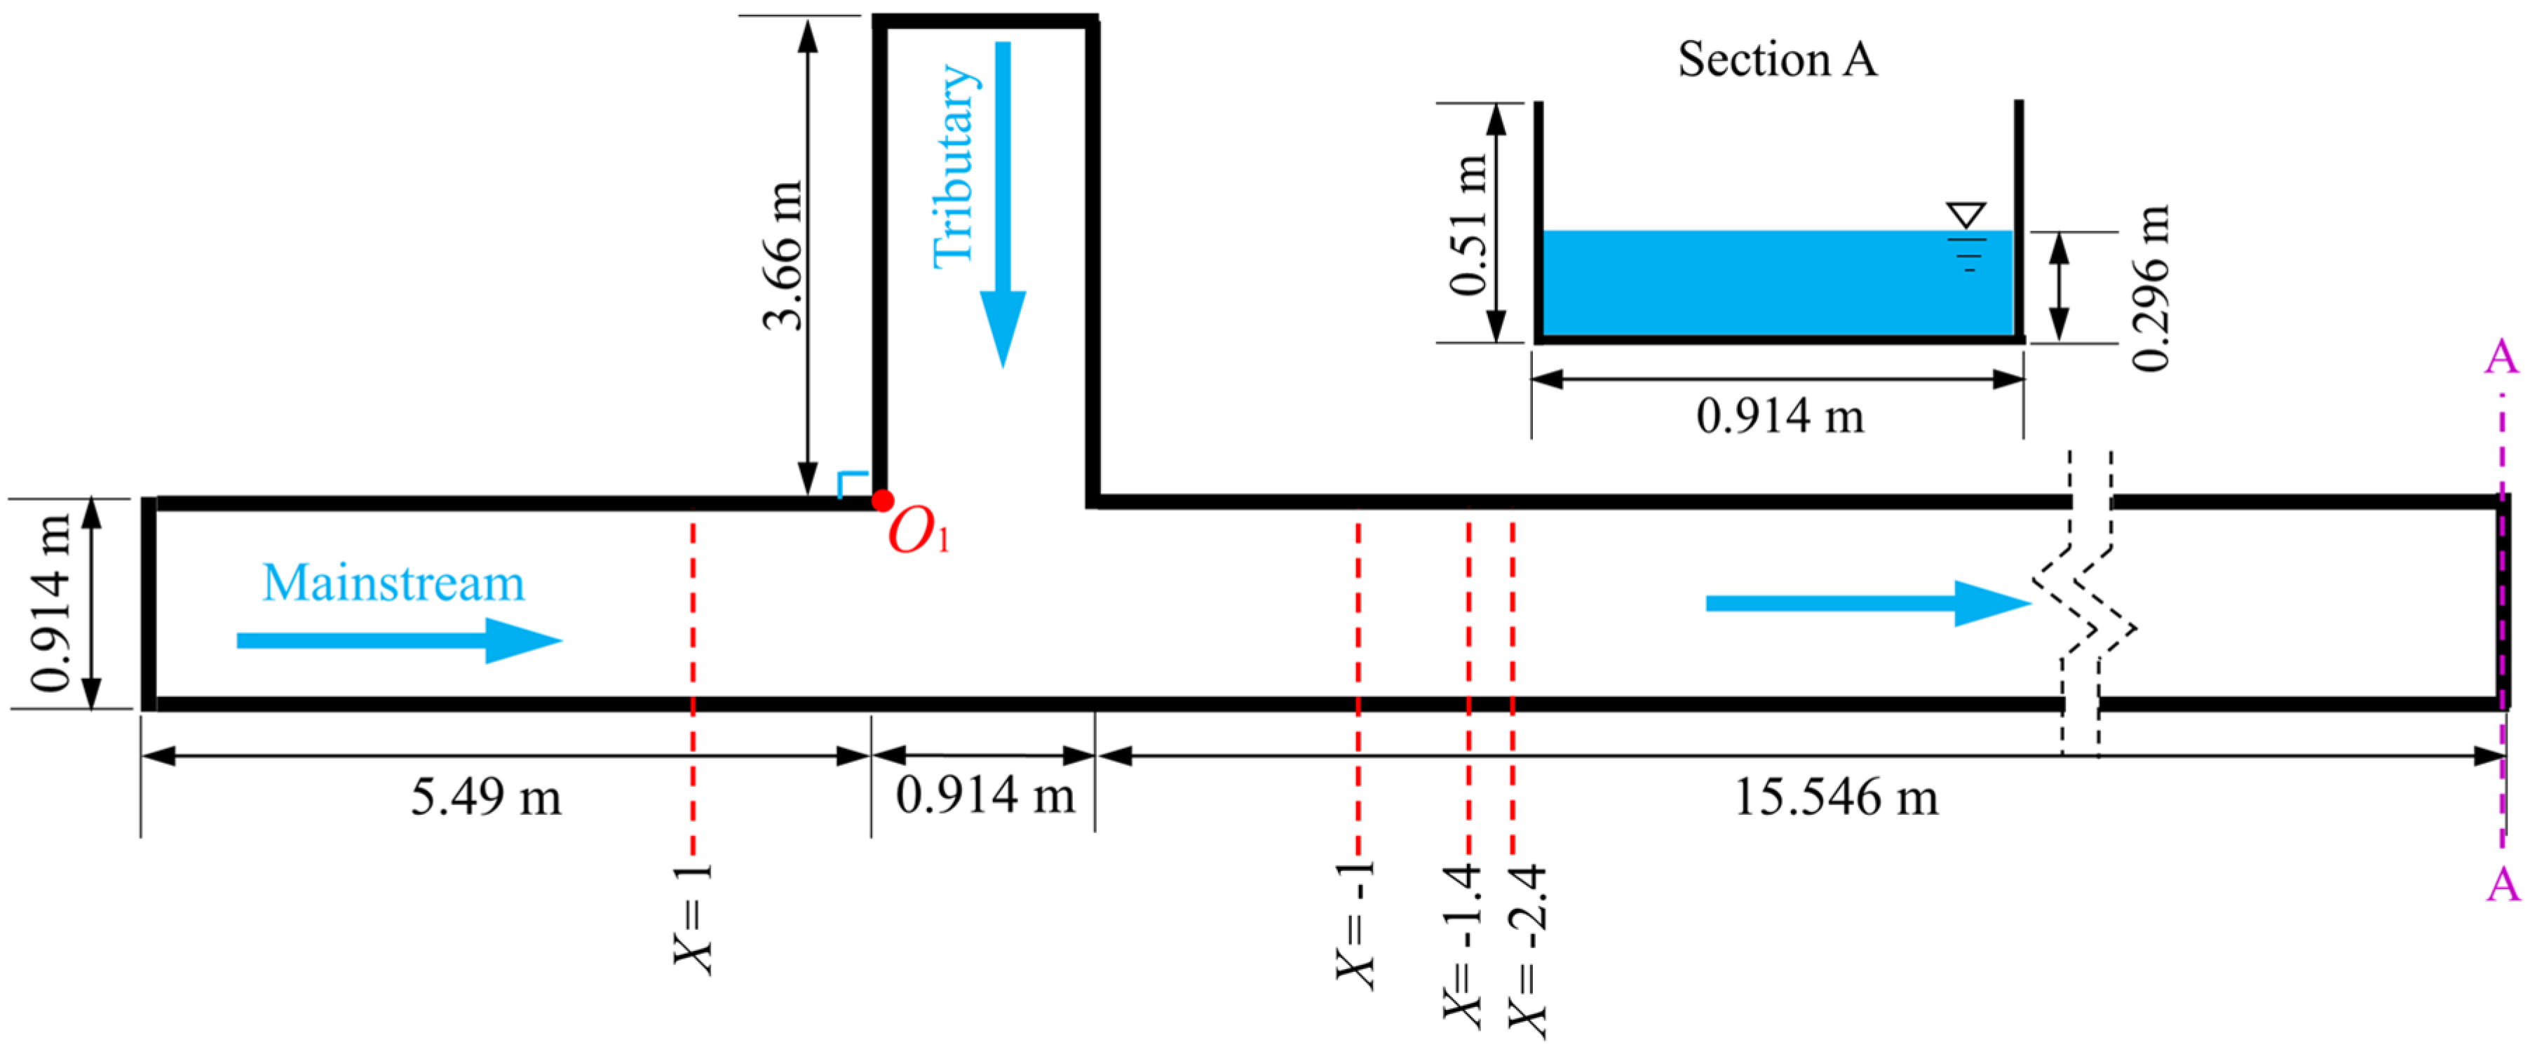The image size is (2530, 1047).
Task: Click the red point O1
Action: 882,501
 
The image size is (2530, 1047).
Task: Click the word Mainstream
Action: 393,583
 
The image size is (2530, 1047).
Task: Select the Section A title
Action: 1777,59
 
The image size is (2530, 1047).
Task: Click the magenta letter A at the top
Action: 2501,358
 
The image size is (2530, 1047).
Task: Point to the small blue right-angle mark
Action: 851,483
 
